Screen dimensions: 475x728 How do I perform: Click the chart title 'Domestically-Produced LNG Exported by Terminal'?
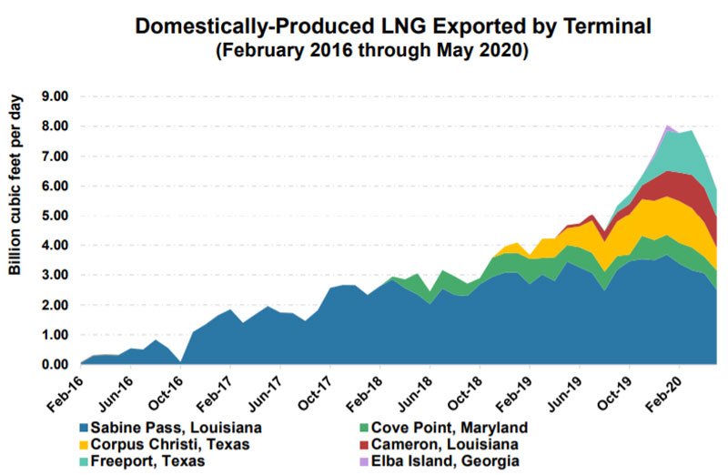393,26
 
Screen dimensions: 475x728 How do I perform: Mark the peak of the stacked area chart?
669,126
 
